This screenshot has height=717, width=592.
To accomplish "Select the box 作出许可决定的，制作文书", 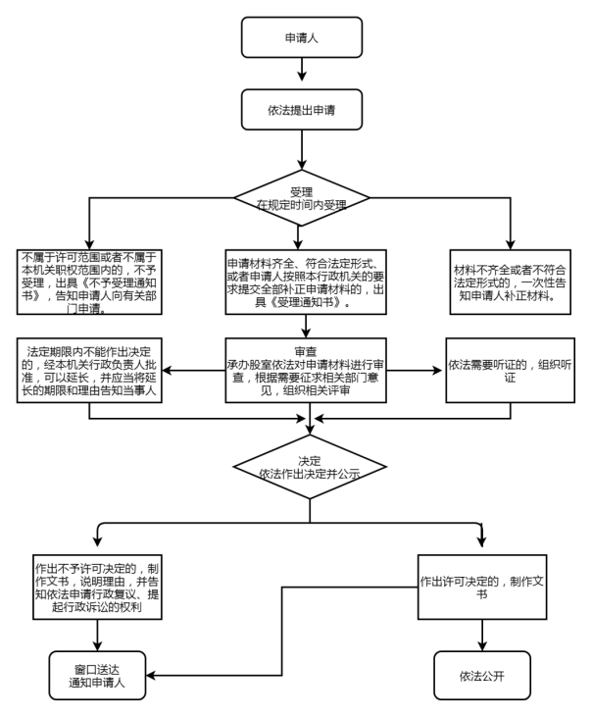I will [482, 587].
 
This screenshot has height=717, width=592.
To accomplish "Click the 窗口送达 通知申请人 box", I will [96, 675].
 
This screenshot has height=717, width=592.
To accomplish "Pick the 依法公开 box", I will [482, 675].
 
